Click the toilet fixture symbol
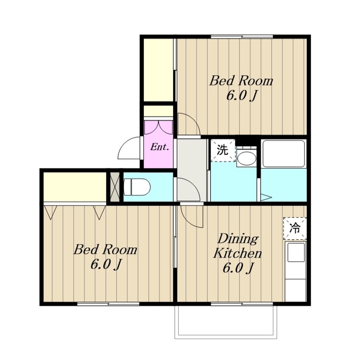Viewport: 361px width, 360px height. [x=137, y=187]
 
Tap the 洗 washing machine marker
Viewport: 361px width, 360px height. [x=223, y=150]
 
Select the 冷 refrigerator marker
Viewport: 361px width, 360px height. [x=295, y=229]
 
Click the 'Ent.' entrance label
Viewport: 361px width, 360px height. [x=160, y=147]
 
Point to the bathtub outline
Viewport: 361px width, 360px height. [x=284, y=153]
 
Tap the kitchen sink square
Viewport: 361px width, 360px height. [x=296, y=252]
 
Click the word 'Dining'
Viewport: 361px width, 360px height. [x=238, y=240]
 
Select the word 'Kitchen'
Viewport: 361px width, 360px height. [x=237, y=253]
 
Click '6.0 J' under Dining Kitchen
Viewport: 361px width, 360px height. [x=238, y=268]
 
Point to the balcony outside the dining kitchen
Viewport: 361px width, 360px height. [x=226, y=322]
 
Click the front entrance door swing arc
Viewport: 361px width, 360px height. [x=129, y=148]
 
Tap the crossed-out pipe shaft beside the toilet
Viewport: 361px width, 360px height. [x=115, y=186]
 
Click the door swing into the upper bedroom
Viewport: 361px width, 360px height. [x=189, y=124]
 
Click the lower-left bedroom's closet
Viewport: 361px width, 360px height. [x=75, y=187]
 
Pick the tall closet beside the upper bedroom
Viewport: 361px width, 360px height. [x=159, y=70]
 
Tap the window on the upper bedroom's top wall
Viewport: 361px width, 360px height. [x=242, y=36]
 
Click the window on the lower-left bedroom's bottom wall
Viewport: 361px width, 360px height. [x=108, y=304]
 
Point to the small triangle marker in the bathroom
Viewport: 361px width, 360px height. [x=266, y=197]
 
